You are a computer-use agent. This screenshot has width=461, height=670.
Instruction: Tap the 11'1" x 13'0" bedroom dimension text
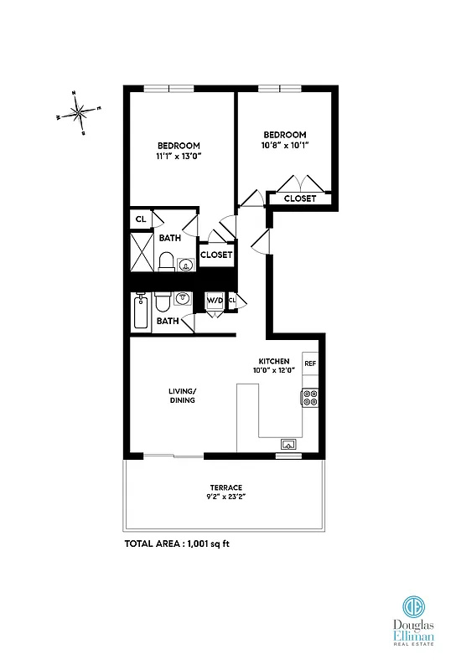(x=178, y=156)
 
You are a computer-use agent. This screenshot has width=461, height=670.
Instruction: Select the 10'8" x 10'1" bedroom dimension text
(x=285, y=146)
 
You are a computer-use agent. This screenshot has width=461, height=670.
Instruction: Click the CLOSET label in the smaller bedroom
(x=300, y=198)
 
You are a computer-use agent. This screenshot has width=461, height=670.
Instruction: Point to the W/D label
(x=215, y=300)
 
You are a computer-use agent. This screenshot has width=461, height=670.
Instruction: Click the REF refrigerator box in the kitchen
(x=310, y=363)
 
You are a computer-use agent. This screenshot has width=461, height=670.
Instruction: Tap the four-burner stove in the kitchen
(x=310, y=398)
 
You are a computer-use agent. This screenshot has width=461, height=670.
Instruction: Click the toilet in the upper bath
(x=167, y=261)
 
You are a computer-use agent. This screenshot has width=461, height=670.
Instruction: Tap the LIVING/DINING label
(x=181, y=395)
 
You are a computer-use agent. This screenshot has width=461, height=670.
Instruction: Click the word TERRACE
(x=226, y=487)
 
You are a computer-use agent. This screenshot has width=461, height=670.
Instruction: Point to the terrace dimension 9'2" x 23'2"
(x=226, y=498)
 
